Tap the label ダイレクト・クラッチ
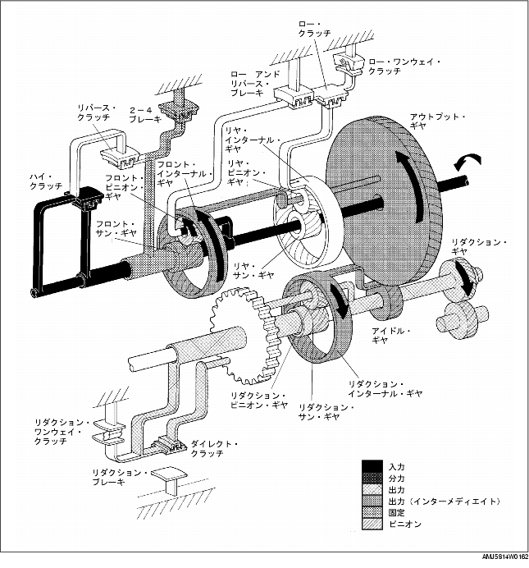(x=216, y=448)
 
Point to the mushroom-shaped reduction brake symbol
(x=170, y=475)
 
